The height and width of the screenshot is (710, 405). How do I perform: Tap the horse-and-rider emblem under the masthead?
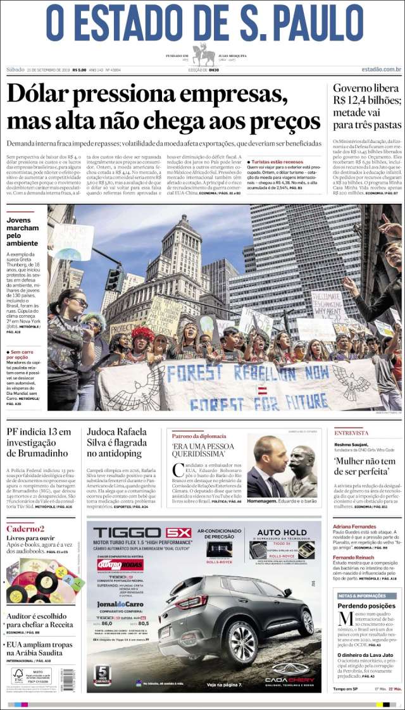(203, 55)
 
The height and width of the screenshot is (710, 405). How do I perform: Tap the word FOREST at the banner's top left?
(194, 373)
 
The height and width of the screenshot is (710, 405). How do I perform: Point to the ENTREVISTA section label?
(351, 433)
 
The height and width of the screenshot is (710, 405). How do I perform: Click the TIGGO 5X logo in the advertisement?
(142, 533)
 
